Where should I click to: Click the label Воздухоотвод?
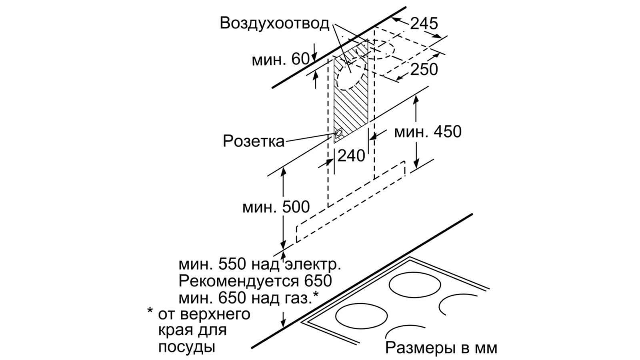coord(274,23)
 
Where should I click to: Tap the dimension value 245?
coord(424,24)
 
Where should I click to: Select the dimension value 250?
coord(424,70)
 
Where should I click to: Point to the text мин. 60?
coord(280,60)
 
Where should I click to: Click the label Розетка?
coord(253,141)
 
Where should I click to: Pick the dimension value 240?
coord(351,155)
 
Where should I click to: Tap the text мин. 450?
coord(428,131)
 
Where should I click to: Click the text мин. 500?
coord(276,207)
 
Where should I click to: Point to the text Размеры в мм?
coord(441,348)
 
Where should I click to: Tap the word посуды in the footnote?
coord(187,346)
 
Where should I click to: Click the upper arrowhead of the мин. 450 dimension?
coord(416,100)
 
